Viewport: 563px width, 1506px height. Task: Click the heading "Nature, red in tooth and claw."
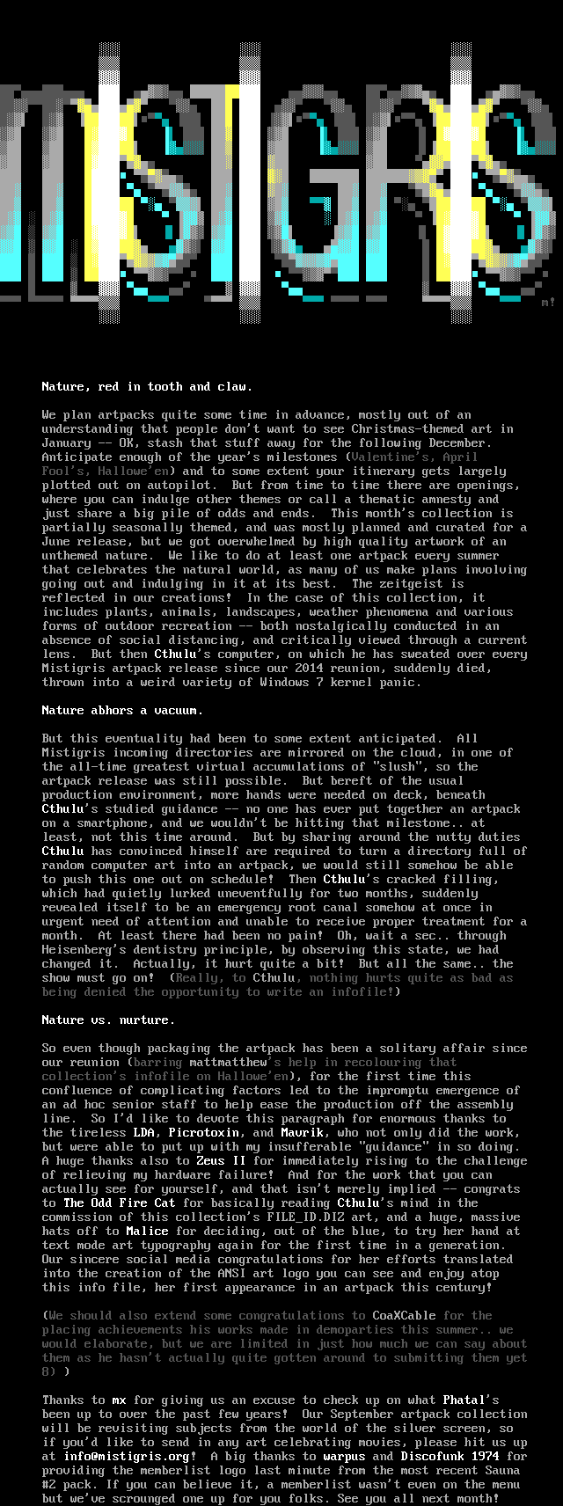coord(147,386)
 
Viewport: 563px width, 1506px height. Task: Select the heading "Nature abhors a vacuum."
coord(122,710)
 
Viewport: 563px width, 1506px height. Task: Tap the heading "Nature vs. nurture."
coord(108,1020)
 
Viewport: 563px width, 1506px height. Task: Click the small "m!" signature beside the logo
coord(548,302)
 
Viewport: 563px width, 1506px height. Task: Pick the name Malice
coord(147,1231)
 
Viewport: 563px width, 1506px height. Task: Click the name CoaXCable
coord(404,1315)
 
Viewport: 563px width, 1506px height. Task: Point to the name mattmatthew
coord(228,1062)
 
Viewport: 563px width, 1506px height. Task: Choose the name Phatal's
coord(471,1400)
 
